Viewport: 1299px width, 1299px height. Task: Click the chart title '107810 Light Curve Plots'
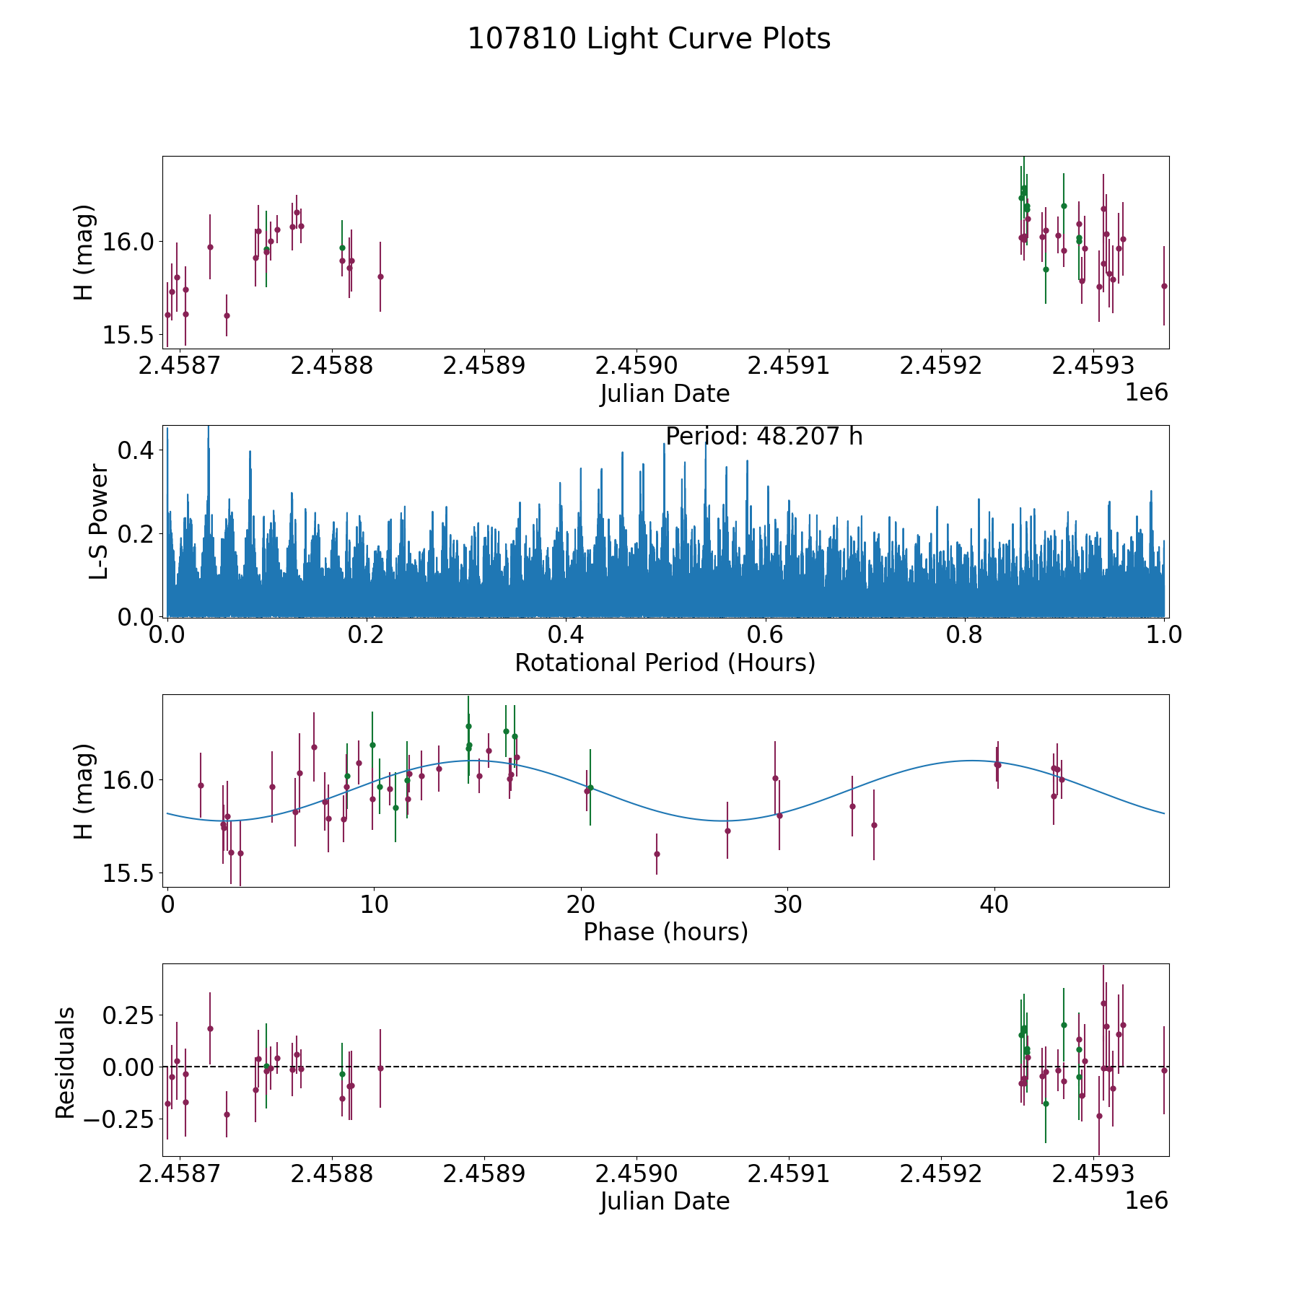[x=649, y=39]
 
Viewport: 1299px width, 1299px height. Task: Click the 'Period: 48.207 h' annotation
[x=764, y=437]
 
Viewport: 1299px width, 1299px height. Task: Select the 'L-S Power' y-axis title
[x=99, y=521]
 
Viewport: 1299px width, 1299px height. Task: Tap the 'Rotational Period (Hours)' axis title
[x=665, y=662]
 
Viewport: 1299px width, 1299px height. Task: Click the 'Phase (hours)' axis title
[x=665, y=932]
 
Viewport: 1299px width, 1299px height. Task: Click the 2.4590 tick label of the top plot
[x=636, y=365]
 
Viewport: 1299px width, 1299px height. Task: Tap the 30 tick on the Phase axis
[x=787, y=904]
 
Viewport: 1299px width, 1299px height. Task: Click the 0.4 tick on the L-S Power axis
[x=136, y=450]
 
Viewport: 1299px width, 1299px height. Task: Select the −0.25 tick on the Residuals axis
[x=118, y=1119]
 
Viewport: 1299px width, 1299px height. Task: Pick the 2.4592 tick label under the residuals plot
[x=940, y=1173]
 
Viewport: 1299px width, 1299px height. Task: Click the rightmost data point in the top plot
[x=1163, y=286]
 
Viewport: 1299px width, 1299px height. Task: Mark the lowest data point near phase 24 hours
[x=657, y=854]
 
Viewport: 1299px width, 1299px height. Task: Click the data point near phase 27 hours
[x=727, y=831]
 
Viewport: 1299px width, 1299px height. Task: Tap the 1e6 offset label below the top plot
[x=1146, y=393]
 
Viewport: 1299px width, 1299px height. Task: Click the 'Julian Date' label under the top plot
[x=665, y=394]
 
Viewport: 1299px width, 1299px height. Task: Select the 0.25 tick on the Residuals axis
[x=128, y=1015]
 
